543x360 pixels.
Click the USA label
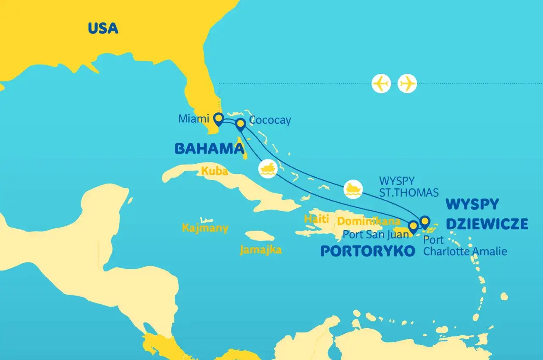point(103,28)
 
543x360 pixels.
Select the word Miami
point(193,119)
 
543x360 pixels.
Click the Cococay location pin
point(241,124)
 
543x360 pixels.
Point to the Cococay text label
point(270,120)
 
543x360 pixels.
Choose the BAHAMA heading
point(209,148)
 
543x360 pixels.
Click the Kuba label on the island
point(214,171)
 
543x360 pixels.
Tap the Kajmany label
point(205,228)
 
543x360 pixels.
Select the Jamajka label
point(260,250)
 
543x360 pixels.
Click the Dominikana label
point(369,221)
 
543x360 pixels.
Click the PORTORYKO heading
point(367,251)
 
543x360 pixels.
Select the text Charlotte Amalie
point(465,251)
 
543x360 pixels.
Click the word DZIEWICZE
point(487,223)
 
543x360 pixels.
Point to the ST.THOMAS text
point(409,193)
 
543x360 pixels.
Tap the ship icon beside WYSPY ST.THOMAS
point(353,189)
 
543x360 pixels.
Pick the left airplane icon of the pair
point(381,84)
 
